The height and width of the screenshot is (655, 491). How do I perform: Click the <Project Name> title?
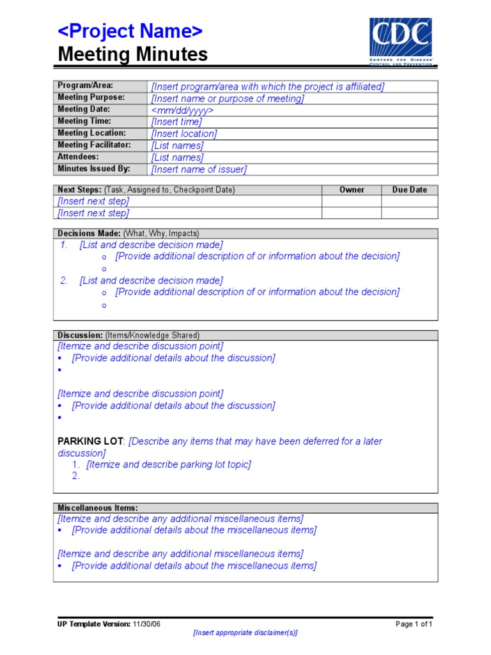(130, 31)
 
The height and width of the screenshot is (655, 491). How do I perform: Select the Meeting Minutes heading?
(132, 55)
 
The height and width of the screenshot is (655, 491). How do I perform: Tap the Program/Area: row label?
(85, 86)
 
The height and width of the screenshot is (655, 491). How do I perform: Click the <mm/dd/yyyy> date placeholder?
(182, 110)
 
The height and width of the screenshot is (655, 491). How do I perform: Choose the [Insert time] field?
(176, 122)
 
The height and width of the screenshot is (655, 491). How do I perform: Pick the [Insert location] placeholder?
(184, 134)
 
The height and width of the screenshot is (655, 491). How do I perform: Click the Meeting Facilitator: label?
(94, 145)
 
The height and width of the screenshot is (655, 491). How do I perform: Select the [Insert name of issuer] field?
(199, 170)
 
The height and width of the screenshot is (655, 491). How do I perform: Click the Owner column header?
(352, 190)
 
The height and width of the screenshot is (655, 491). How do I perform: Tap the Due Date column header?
(409, 190)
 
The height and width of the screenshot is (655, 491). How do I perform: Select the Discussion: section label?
(80, 335)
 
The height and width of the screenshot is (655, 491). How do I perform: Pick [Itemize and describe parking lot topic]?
(169, 464)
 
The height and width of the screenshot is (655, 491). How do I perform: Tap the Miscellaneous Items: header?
(97, 508)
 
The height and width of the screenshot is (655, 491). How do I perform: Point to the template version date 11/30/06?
(147, 624)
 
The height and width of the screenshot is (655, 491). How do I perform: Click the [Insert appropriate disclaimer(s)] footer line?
(245, 633)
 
